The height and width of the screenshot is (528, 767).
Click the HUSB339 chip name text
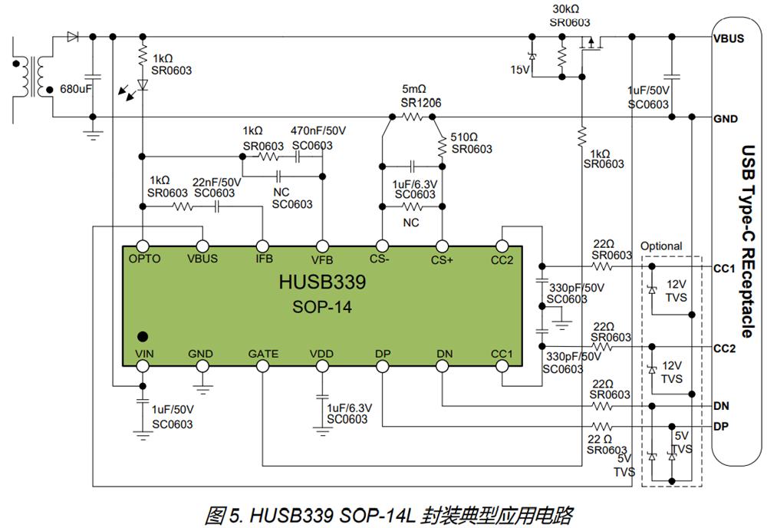(x=322, y=282)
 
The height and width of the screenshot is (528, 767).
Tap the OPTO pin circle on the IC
(x=143, y=246)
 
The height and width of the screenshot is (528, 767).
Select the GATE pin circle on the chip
(x=262, y=366)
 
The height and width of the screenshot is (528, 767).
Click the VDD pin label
(x=321, y=354)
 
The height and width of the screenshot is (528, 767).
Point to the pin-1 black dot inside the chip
(x=143, y=336)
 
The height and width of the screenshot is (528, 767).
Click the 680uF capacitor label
(x=76, y=89)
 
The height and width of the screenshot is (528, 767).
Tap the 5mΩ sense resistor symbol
(x=412, y=117)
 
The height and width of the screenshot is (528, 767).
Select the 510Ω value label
(x=464, y=137)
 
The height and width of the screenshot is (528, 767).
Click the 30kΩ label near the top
(x=566, y=9)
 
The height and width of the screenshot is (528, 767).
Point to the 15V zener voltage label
(x=520, y=70)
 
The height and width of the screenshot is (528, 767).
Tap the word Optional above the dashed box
(x=661, y=246)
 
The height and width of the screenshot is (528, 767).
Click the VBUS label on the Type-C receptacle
(x=729, y=38)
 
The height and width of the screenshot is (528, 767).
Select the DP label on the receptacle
(x=721, y=426)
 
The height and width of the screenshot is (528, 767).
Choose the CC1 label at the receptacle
(x=725, y=269)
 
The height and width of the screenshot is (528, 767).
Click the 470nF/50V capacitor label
(x=318, y=130)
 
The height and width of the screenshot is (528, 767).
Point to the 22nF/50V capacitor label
(x=217, y=182)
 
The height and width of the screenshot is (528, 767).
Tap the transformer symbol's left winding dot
(x=16, y=64)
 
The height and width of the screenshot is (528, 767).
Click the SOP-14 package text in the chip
(x=322, y=307)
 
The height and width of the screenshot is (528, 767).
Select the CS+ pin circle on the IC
(x=443, y=246)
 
